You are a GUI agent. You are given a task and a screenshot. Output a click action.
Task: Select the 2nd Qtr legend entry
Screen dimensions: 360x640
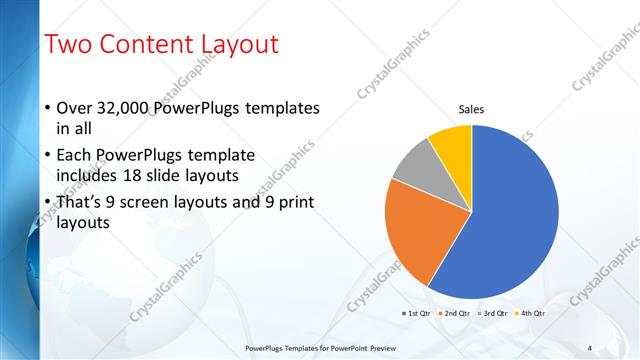(455, 313)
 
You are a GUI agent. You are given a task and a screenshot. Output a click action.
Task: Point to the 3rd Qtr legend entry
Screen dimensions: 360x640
(494, 313)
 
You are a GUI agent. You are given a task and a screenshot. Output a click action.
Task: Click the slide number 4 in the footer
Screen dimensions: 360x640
(590, 348)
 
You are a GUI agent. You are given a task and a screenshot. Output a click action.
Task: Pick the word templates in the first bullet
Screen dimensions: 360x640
(284, 108)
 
